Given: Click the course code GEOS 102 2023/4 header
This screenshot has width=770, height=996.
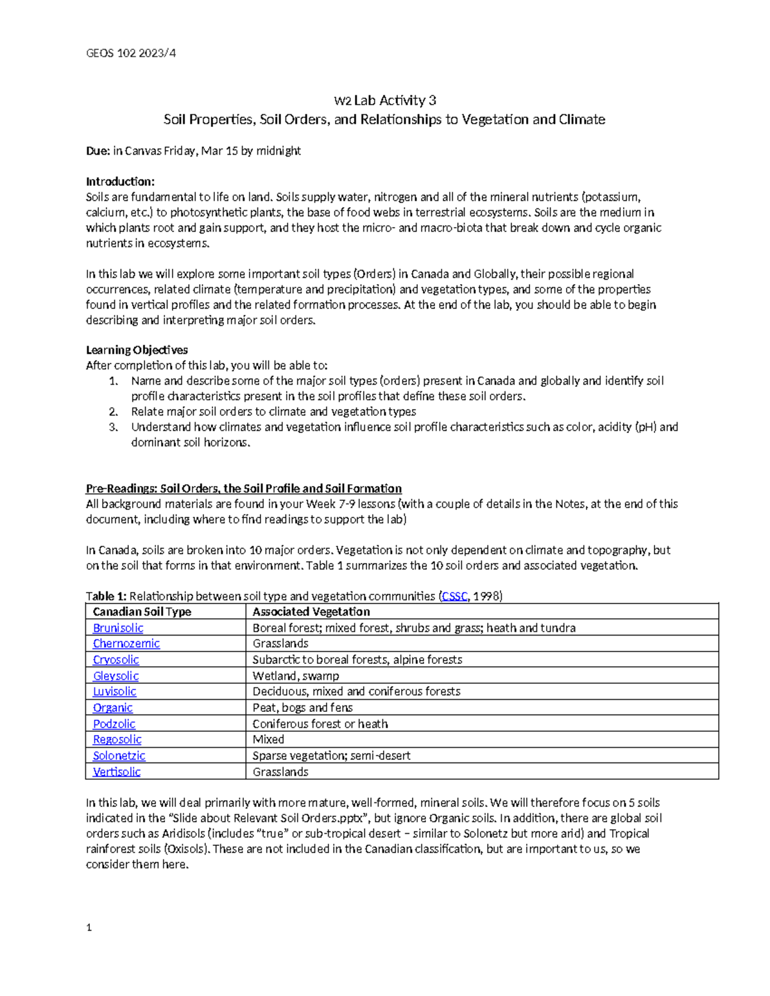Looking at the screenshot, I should [131, 53].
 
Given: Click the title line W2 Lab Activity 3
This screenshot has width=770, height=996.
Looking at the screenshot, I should [384, 100].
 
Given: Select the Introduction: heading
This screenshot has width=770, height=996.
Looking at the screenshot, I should [120, 181].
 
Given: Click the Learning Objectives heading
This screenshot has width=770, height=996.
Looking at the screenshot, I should [137, 350].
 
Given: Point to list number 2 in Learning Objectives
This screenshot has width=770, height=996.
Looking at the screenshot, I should [113, 412].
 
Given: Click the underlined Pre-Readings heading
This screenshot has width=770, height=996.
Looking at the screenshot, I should [243, 488].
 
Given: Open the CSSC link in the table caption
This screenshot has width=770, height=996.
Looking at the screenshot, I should [454, 596].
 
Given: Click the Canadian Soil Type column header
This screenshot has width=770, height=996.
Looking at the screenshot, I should [142, 612].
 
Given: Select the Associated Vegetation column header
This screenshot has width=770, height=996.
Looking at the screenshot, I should [311, 612].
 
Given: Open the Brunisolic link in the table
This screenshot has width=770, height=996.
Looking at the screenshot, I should [118, 628].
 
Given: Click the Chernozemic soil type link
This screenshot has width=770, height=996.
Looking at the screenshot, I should [126, 643].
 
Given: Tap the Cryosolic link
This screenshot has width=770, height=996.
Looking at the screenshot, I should [116, 659].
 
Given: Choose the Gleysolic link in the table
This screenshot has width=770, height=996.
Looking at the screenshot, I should [116, 675].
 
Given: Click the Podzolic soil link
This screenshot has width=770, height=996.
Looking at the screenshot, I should [114, 723].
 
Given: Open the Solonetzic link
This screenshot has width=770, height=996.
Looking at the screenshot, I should [119, 755].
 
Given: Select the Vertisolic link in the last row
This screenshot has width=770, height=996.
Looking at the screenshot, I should [116, 772].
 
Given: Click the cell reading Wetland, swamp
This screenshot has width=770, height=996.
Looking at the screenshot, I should [296, 675].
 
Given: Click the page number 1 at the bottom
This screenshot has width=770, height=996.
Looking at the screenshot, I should [89, 927].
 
